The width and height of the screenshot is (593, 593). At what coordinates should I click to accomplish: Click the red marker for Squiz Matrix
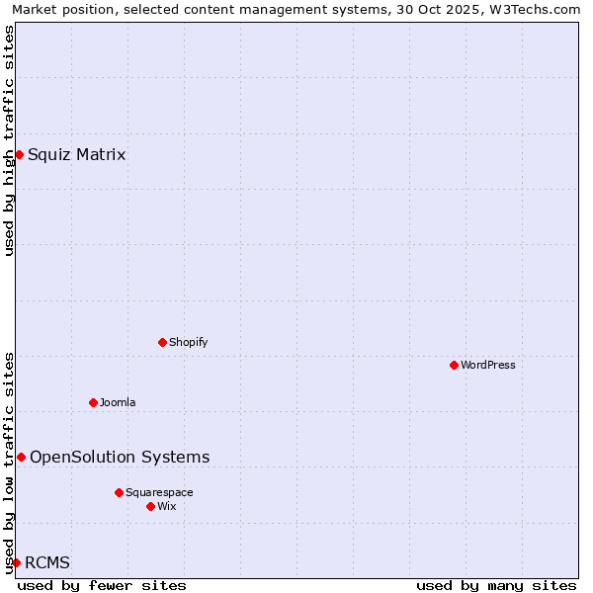[x=19, y=154]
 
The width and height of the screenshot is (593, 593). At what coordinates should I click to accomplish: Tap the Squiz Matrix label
[x=76, y=154]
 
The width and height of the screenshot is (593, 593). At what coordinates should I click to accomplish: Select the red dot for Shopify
[x=162, y=342]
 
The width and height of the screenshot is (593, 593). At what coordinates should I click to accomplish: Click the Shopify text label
[x=188, y=342]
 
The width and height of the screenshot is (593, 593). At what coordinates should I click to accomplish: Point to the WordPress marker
[x=454, y=365]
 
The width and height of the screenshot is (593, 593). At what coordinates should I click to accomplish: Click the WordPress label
[x=487, y=365]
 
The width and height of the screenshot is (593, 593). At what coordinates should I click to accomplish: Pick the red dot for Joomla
[x=93, y=402]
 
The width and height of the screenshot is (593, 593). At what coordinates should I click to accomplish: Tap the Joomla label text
[x=118, y=402]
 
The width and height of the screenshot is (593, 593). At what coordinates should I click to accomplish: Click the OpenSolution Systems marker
[x=21, y=457]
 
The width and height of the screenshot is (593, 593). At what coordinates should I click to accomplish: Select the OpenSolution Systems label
[x=120, y=457]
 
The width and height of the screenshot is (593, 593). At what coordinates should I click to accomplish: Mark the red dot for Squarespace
[x=119, y=492]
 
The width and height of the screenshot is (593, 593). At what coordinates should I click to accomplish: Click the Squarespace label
[x=159, y=492]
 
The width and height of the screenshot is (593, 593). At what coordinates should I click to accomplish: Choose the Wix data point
[x=150, y=506]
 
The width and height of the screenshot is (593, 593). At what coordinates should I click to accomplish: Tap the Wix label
[x=167, y=506]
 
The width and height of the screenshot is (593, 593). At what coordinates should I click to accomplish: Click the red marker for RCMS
[x=16, y=562]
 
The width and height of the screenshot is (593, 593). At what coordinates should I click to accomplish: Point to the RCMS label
[x=47, y=562]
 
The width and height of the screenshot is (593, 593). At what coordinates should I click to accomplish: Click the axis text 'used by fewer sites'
[x=102, y=585]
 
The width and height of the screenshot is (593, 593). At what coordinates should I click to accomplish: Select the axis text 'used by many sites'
[x=496, y=585]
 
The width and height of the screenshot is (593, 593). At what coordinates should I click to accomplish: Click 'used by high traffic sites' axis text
[x=9, y=140]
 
